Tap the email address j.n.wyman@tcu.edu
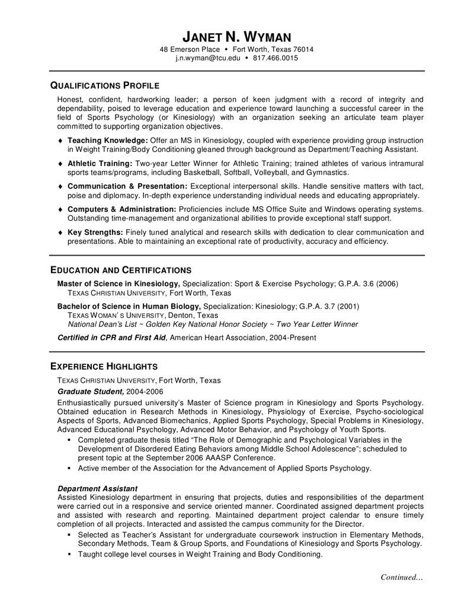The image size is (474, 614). pos(208,58)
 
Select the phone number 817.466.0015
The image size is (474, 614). pos(276,58)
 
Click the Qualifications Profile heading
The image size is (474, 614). pos(104,85)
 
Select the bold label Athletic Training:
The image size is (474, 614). pos(100,163)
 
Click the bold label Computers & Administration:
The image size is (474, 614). pos(122,209)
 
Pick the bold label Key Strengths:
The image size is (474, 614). pos(95,233)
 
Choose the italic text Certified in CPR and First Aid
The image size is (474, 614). pos(111,338)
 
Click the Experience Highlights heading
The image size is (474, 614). pos(103,365)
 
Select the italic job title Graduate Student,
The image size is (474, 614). pos(91,392)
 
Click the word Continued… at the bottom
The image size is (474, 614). pos(401,577)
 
